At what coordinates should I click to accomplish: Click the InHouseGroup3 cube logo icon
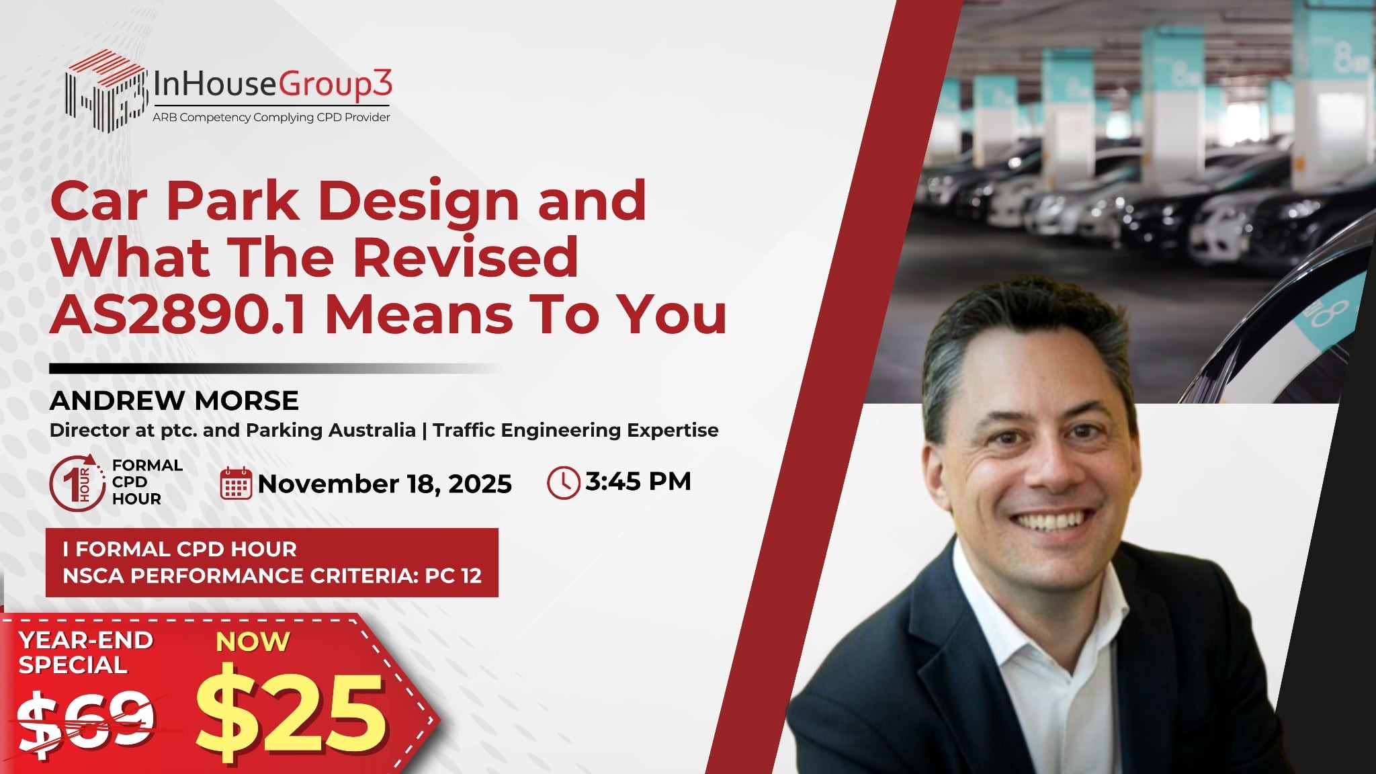coord(105,90)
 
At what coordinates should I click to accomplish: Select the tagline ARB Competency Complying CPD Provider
coord(271,118)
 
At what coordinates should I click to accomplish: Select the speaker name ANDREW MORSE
coord(174,400)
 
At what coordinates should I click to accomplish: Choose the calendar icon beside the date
coord(236,483)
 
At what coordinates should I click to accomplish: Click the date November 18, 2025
coord(385,484)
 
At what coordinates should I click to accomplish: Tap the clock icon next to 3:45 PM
coord(563,482)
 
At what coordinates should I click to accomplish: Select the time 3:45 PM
coord(638,481)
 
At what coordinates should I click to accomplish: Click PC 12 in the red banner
coord(454,576)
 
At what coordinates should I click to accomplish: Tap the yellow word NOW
coord(253,642)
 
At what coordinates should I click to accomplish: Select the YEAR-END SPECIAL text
coord(85,652)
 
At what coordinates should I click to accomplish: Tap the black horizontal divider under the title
coord(275,369)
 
